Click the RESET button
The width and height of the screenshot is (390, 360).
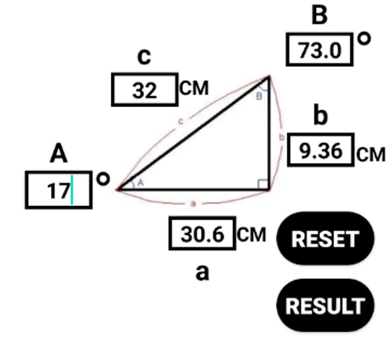[x=325, y=238]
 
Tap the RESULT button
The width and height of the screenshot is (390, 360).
[x=325, y=305]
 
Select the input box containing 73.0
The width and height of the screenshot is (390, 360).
[x=320, y=50]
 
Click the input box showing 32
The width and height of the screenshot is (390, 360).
[x=145, y=90]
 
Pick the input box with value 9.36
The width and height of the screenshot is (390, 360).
[x=320, y=150]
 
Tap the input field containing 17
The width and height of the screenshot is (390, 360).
[x=59, y=190]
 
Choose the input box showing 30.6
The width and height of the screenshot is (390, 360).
[x=202, y=234]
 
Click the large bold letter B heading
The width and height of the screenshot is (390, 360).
[x=320, y=15]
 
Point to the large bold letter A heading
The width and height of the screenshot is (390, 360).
[x=59, y=153]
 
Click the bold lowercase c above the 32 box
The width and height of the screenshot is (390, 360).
[x=144, y=57]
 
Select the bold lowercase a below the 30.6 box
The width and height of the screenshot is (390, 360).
[x=202, y=273]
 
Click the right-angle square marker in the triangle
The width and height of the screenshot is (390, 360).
[x=263, y=184]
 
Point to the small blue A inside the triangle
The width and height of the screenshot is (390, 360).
[x=141, y=182]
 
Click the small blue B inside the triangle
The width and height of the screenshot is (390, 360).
[x=259, y=96]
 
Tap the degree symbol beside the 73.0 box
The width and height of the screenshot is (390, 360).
[x=364, y=39]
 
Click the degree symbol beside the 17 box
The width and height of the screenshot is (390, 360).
[x=103, y=179]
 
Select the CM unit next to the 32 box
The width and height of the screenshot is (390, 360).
[x=194, y=88]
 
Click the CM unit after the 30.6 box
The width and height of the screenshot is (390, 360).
[x=251, y=234]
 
